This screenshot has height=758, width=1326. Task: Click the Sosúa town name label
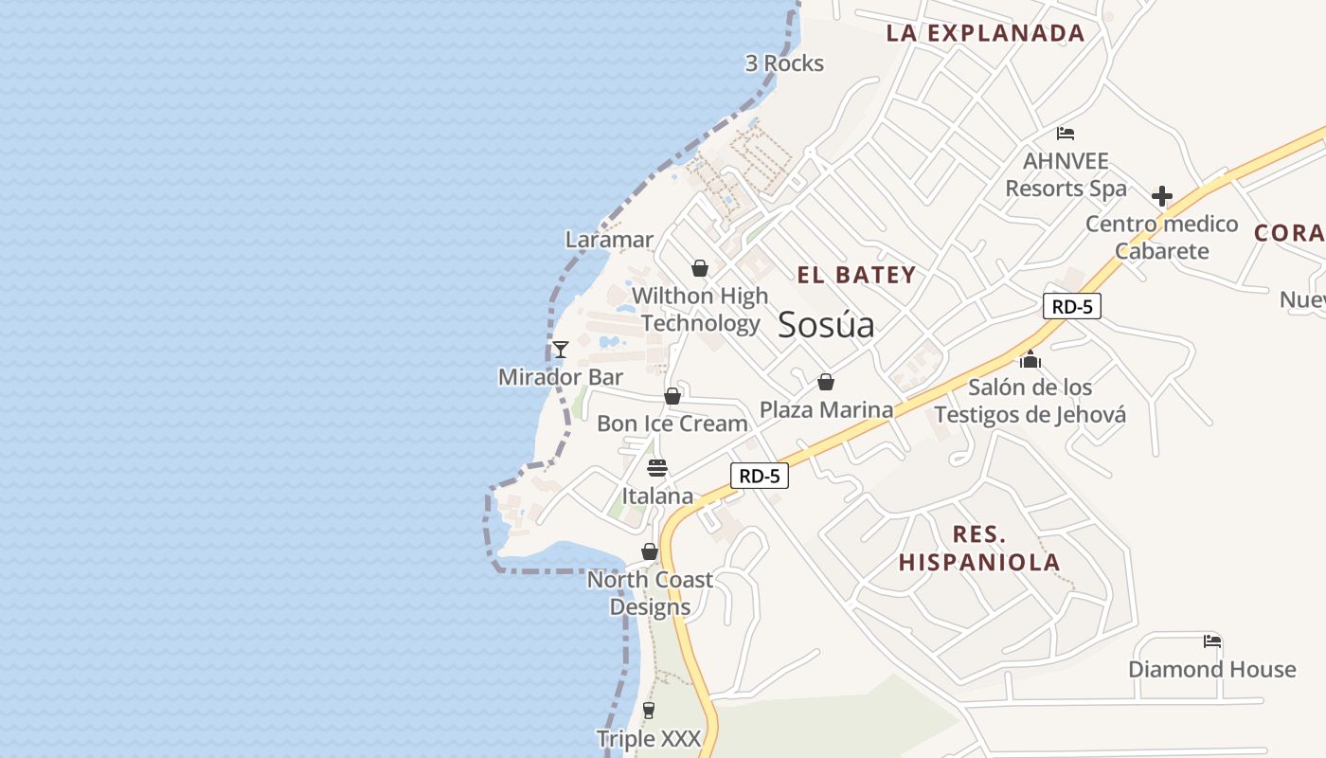click(x=826, y=325)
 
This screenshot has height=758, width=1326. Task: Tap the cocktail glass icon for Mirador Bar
click(x=561, y=350)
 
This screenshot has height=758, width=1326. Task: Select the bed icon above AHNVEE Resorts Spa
click(x=1066, y=134)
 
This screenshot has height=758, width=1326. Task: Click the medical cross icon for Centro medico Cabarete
click(x=1162, y=196)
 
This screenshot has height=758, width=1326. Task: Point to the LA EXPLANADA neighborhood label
click(x=985, y=33)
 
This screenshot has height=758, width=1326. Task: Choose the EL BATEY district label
click(x=856, y=276)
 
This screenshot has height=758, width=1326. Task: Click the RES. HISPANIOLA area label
click(x=979, y=548)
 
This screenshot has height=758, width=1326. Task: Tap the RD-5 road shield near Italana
click(x=759, y=476)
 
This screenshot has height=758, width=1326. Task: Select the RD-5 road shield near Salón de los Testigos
click(x=1072, y=306)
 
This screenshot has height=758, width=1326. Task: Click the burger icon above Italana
click(x=657, y=468)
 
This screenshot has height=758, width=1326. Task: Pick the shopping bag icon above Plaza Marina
click(x=826, y=382)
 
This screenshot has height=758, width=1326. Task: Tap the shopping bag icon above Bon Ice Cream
click(x=672, y=396)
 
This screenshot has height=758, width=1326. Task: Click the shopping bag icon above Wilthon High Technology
click(x=700, y=269)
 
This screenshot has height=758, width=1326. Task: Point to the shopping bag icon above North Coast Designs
click(x=650, y=551)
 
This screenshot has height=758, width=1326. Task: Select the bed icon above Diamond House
click(x=1211, y=641)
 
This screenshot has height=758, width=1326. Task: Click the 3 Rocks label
click(x=784, y=63)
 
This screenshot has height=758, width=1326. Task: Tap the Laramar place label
click(x=609, y=240)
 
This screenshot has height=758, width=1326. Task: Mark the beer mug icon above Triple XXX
click(x=649, y=711)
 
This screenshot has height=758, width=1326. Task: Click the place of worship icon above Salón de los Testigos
click(x=1030, y=359)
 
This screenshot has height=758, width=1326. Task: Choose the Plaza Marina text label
click(x=826, y=409)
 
